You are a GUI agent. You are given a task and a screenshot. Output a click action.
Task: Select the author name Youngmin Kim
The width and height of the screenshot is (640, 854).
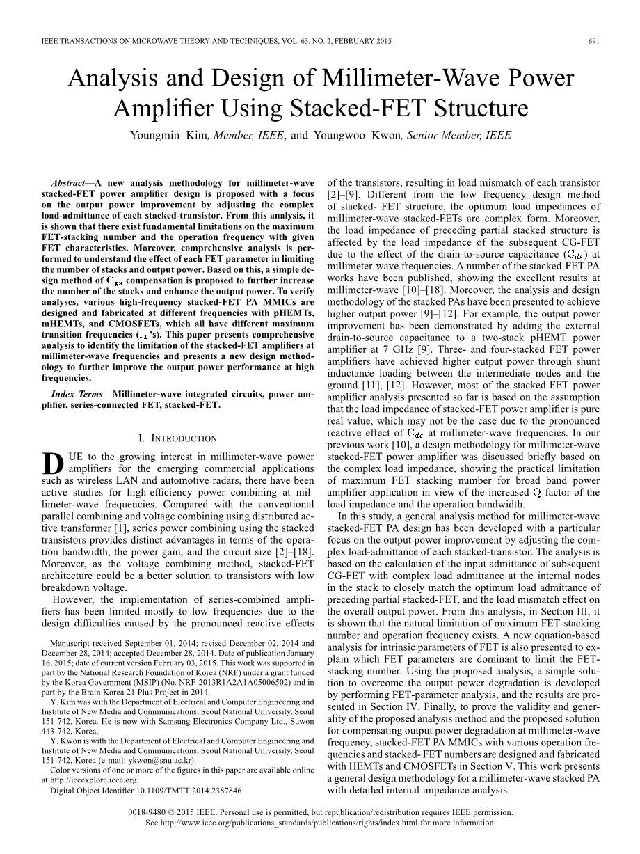point(163,135)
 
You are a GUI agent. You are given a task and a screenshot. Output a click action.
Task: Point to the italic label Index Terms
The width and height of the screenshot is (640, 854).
point(76,393)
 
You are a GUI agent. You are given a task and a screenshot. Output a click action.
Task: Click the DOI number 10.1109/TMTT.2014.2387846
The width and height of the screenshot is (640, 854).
point(184,791)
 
